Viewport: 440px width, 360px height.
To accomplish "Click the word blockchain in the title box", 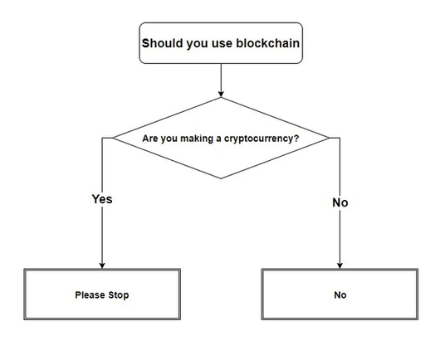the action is pos(267,43).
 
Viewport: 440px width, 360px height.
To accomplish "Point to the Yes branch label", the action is pos(102,199).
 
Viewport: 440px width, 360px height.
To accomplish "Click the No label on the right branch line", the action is pos(340,202).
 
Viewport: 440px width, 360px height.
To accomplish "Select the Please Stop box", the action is pos(102,294).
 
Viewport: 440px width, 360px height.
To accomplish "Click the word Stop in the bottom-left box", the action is pos(119,295).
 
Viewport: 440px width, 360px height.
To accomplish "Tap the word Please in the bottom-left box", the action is pos(90,295).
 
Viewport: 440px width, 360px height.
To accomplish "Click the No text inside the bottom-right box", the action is pos(340,295).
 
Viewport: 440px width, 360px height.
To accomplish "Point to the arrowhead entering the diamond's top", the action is pos(221,95).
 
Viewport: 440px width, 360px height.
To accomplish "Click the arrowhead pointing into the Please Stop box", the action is pos(102,265).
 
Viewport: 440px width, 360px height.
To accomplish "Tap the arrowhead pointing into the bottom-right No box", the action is pos(340,265).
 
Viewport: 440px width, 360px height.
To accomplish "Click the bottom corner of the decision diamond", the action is pos(221,178).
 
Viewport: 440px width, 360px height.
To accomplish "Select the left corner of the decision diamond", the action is pos(113,138).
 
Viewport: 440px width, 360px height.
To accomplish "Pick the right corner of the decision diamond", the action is pos(329,138).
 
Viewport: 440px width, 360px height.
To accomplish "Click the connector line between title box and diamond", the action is pos(221,80).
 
